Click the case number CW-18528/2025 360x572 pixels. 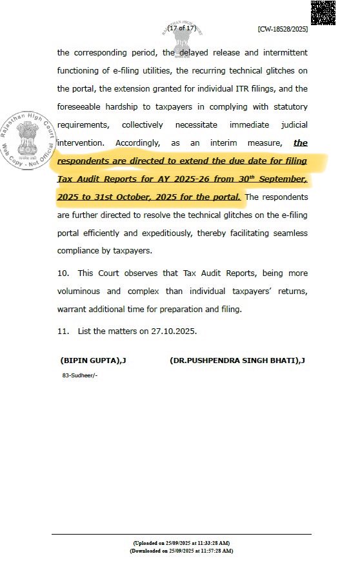[x=282, y=29]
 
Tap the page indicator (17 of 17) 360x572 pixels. [x=181, y=28]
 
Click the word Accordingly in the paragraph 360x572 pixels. [x=140, y=143]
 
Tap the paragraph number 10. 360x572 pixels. [x=64, y=273]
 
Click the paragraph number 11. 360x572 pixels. [x=64, y=331]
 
